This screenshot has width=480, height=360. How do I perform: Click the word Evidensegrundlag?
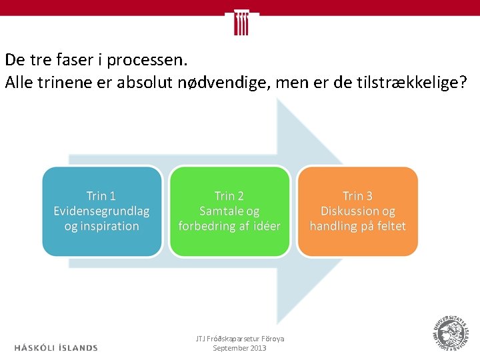tap(101, 211)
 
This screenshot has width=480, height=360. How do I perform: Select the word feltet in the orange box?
tap(389, 226)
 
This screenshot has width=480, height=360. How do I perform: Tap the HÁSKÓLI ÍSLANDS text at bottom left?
tap(56, 347)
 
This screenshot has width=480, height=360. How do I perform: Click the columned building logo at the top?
tap(241, 22)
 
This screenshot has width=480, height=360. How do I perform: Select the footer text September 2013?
tap(239, 348)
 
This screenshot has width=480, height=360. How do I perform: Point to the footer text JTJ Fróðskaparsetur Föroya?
tap(239, 339)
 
